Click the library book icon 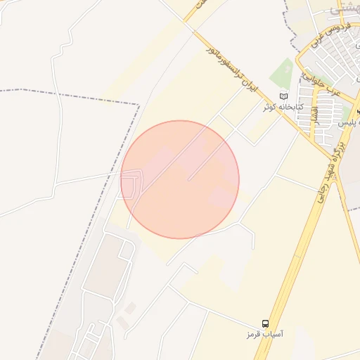[283, 96]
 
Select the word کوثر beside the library [268, 108]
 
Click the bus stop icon [265, 319]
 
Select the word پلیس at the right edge [347, 123]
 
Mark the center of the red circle [180, 179]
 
